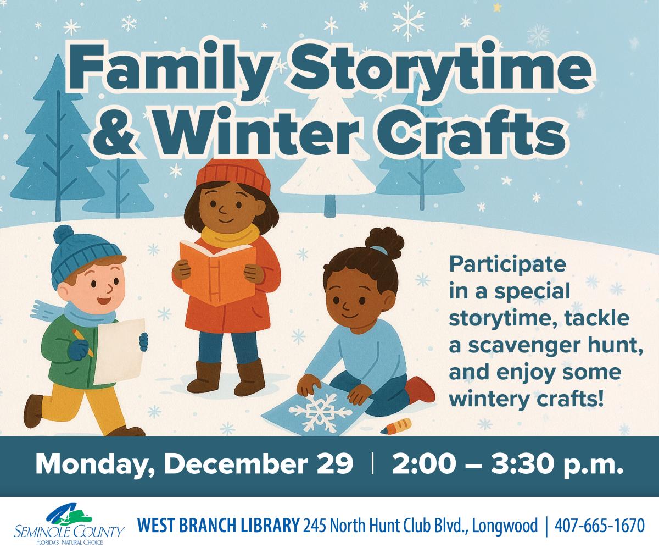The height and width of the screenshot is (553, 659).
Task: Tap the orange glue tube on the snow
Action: [x=396, y=425]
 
